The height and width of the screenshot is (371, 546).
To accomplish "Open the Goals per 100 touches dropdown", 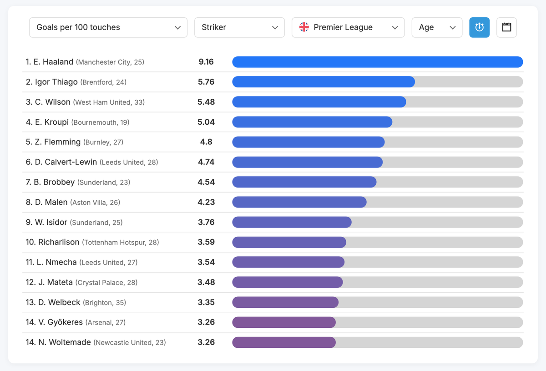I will click(x=108, y=27).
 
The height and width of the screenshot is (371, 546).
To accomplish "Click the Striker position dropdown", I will click(x=239, y=27).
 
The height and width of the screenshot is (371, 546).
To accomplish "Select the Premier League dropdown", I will click(x=348, y=27).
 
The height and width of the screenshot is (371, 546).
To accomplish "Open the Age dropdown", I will click(x=437, y=27).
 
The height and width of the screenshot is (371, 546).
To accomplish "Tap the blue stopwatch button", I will click(x=479, y=27).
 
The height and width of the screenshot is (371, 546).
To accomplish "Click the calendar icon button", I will click(x=506, y=27).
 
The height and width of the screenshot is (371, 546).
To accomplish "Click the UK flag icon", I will click(x=304, y=27).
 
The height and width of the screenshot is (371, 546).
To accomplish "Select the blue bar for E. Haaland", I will click(x=377, y=62).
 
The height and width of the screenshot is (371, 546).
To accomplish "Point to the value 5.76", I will click(x=206, y=82).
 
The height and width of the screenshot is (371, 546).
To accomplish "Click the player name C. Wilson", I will click(x=53, y=102).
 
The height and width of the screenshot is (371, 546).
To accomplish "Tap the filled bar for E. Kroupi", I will click(x=312, y=122).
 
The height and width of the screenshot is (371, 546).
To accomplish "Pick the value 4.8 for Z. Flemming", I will click(x=206, y=142).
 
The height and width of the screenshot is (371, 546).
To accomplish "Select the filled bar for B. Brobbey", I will click(x=304, y=182).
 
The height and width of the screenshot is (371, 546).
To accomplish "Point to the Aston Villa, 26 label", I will click(x=95, y=203).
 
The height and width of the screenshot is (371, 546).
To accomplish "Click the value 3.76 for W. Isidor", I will click(x=206, y=222).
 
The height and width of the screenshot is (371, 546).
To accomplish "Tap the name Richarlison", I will click(x=59, y=242).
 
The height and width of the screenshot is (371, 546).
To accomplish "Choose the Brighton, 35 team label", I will click(x=104, y=303).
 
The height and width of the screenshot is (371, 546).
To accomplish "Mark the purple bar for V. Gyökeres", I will click(x=284, y=322).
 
